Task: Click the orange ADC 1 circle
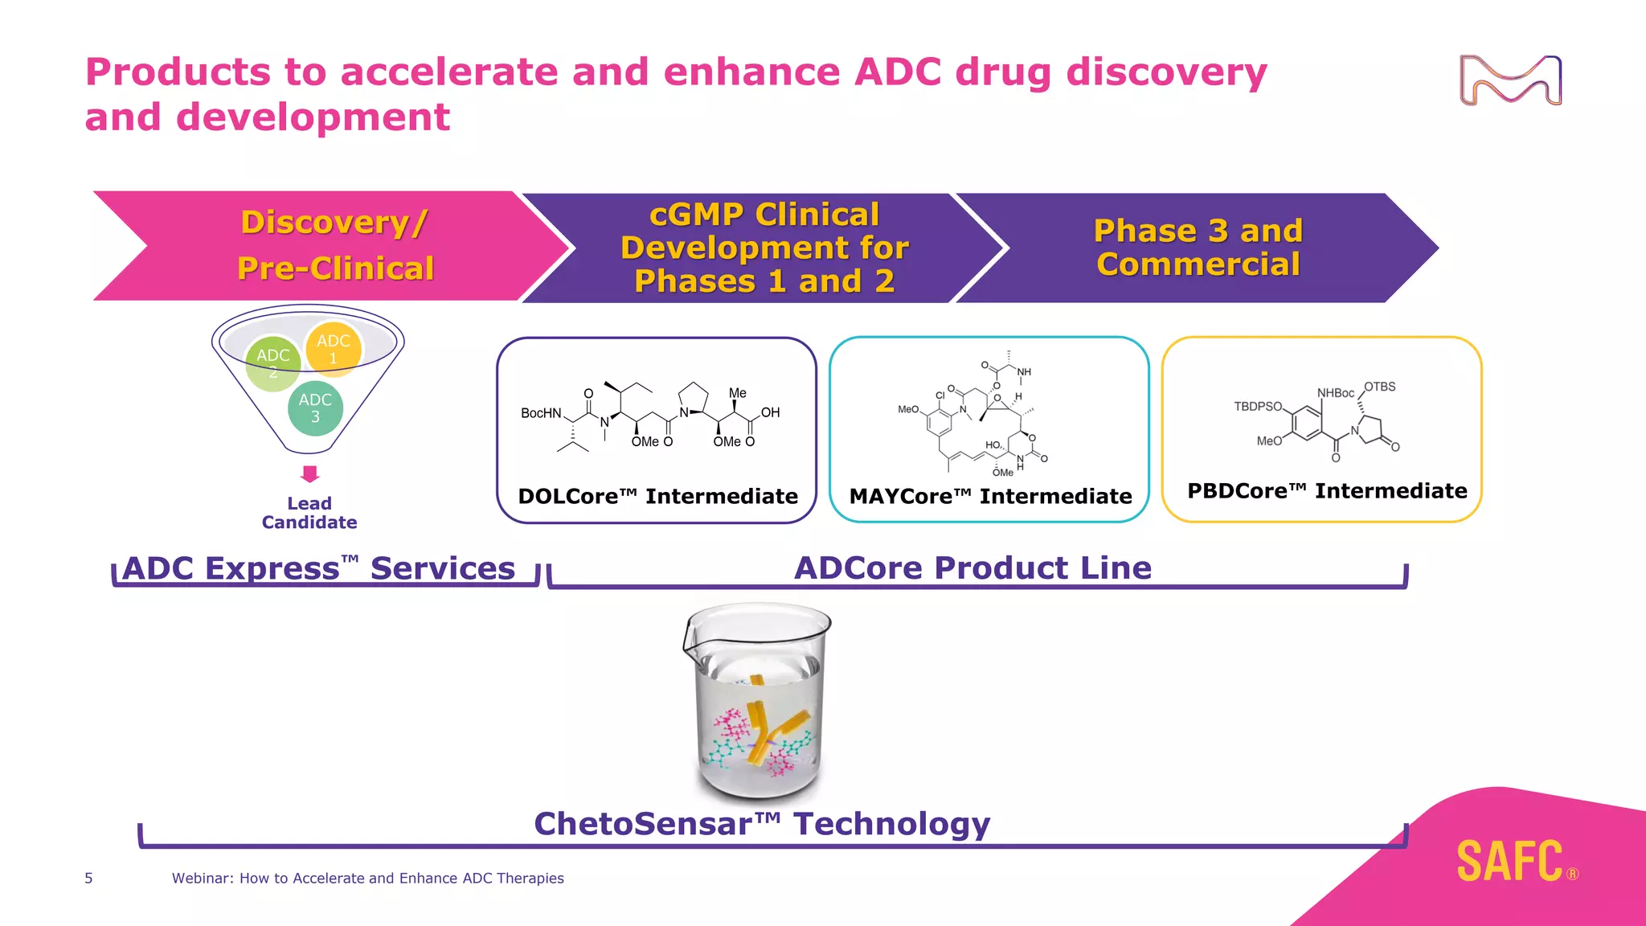point(334,349)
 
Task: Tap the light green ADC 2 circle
point(272,363)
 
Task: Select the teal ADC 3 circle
point(315,408)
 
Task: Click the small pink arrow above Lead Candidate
point(309,473)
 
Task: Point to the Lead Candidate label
point(309,513)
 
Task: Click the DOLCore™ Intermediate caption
point(657,496)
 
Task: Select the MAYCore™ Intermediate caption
point(990,496)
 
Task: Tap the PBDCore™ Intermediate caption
point(1327,490)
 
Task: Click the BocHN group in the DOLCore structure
point(541,413)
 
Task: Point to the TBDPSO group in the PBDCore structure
point(1258,407)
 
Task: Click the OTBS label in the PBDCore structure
point(1379,387)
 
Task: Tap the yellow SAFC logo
point(1510,862)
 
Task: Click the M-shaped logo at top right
point(1510,80)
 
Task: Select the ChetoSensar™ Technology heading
point(762,824)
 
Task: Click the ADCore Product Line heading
point(972,568)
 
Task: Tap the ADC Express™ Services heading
point(319,568)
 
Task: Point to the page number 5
point(88,878)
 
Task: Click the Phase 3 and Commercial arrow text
point(1198,248)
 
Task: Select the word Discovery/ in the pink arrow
point(334,223)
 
